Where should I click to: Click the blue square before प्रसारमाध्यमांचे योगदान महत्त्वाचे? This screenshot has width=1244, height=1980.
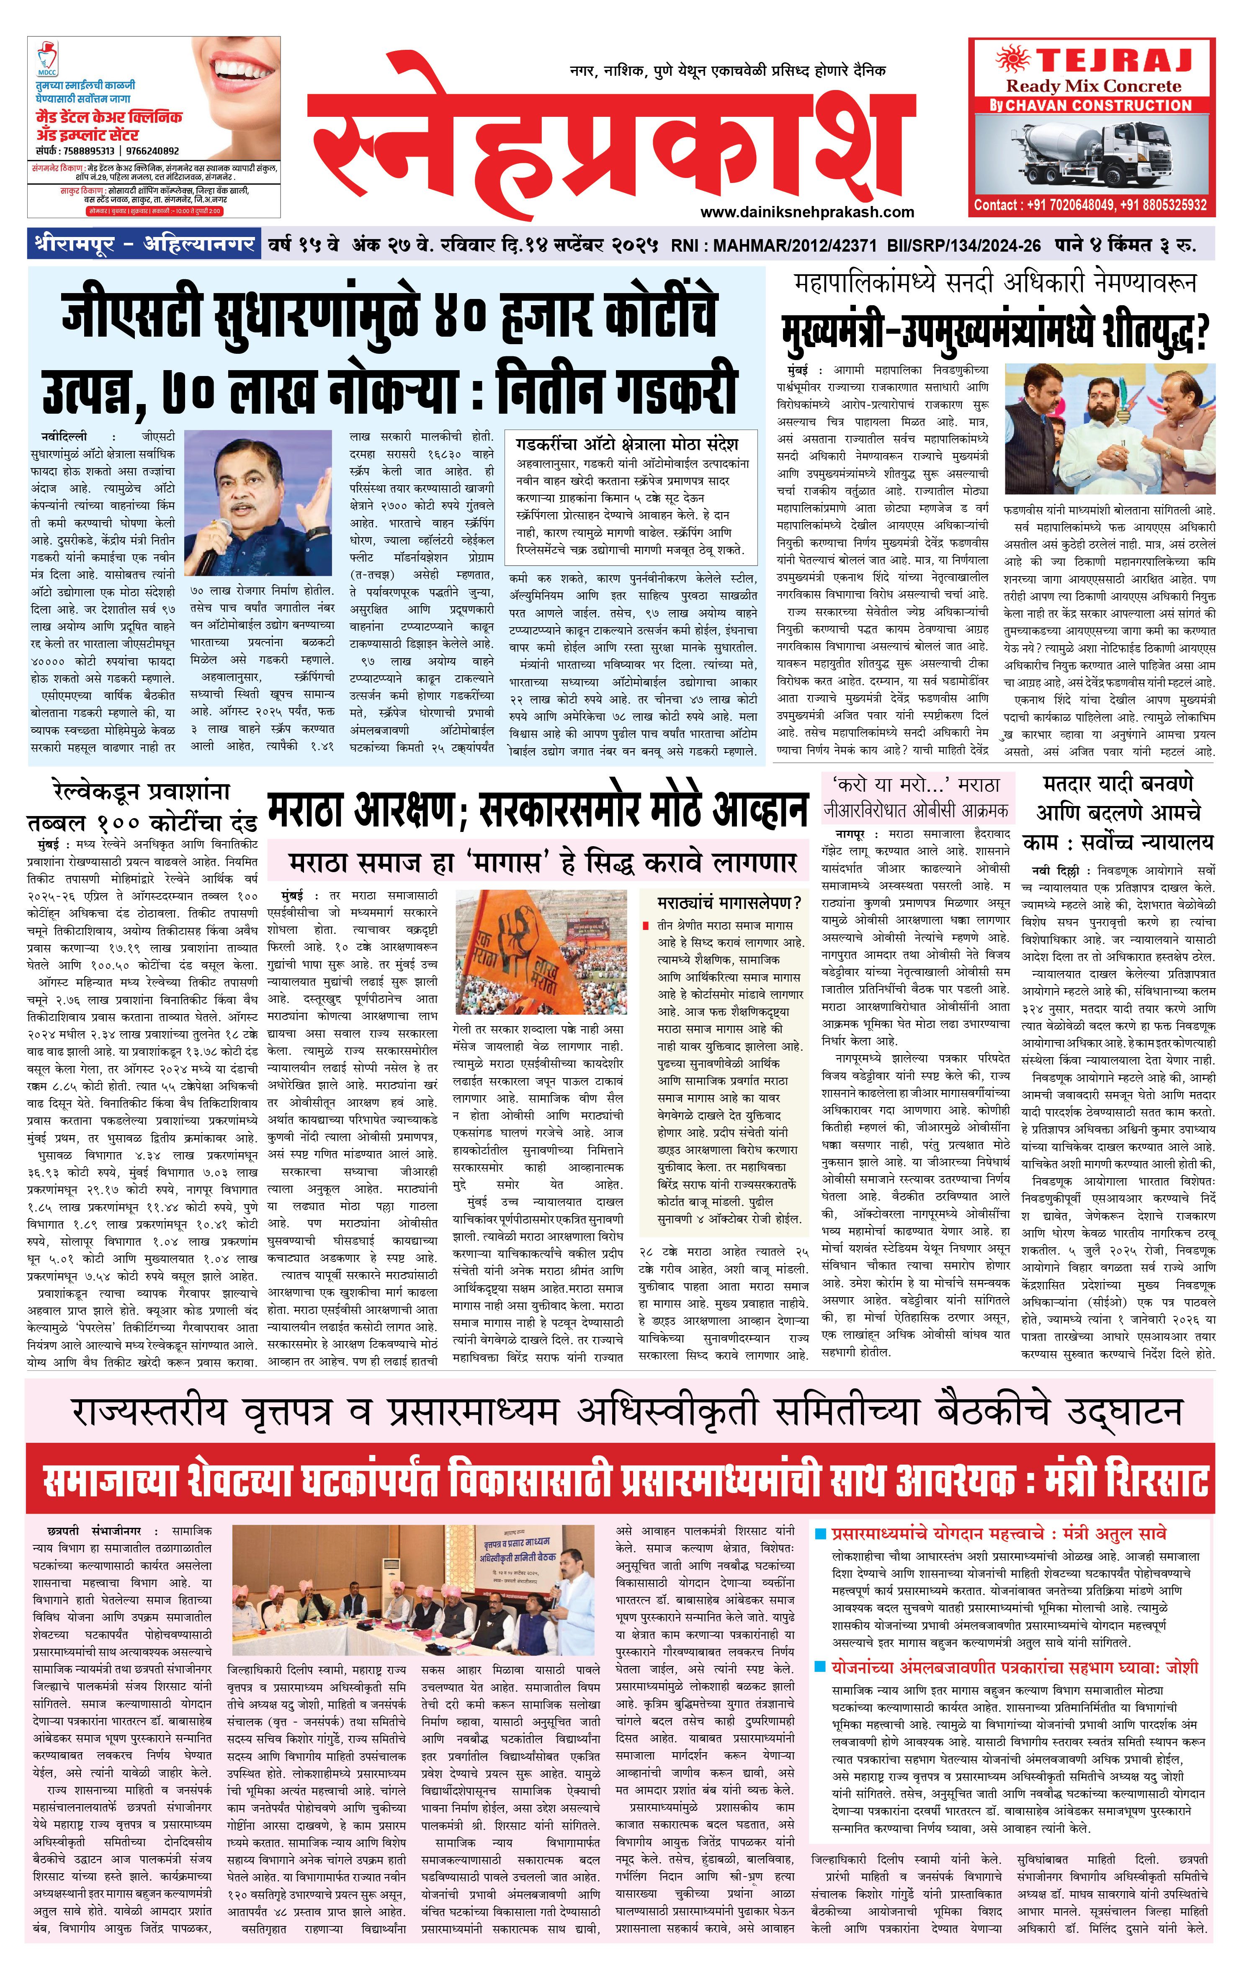point(820,1535)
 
